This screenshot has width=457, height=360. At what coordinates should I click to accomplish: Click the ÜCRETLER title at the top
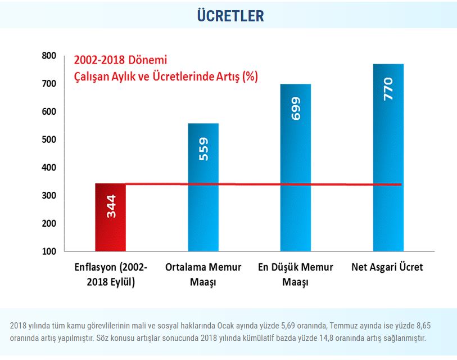click(230, 16)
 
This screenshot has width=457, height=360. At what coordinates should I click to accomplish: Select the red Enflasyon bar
click(110, 225)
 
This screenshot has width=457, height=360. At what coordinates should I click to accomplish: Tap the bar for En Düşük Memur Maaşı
click(296, 169)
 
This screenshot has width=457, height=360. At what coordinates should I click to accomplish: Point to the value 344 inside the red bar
click(111, 206)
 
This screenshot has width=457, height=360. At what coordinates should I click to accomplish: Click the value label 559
click(203, 149)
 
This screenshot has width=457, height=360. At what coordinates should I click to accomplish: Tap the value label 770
click(388, 89)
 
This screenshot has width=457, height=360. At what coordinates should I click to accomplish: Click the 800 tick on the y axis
click(49, 56)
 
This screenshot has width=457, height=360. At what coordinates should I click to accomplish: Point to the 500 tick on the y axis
click(49, 139)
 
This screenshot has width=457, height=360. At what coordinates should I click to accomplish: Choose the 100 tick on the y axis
click(49, 251)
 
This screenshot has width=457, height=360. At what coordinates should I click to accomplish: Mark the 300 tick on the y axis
click(49, 196)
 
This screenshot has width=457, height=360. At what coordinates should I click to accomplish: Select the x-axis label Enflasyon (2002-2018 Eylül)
click(111, 274)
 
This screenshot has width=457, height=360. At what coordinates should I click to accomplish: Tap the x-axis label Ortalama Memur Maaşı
click(203, 274)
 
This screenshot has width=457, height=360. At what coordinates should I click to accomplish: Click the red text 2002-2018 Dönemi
click(121, 60)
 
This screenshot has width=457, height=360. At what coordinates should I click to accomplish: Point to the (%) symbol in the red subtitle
click(250, 76)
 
